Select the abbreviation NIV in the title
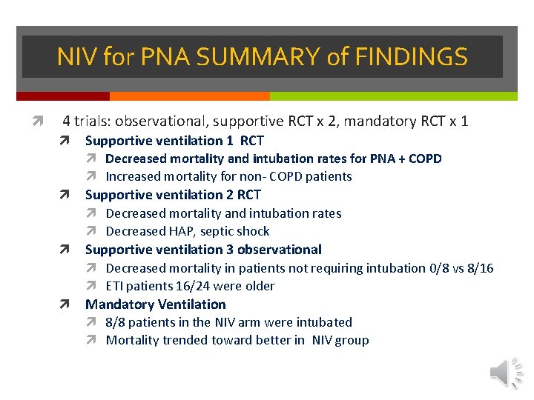point(75,57)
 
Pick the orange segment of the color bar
point(189,96)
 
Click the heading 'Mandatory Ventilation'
point(155,304)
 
